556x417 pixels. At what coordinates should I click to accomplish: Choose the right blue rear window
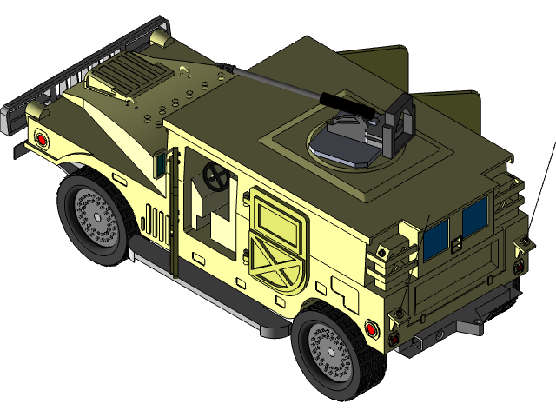tap(475, 217)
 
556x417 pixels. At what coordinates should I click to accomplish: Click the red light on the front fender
tap(41, 139)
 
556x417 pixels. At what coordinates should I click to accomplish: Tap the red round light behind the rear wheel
tap(372, 328)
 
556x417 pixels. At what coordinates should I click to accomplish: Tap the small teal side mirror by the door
tap(160, 161)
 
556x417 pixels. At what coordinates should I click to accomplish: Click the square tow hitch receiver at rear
tap(440, 334)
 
